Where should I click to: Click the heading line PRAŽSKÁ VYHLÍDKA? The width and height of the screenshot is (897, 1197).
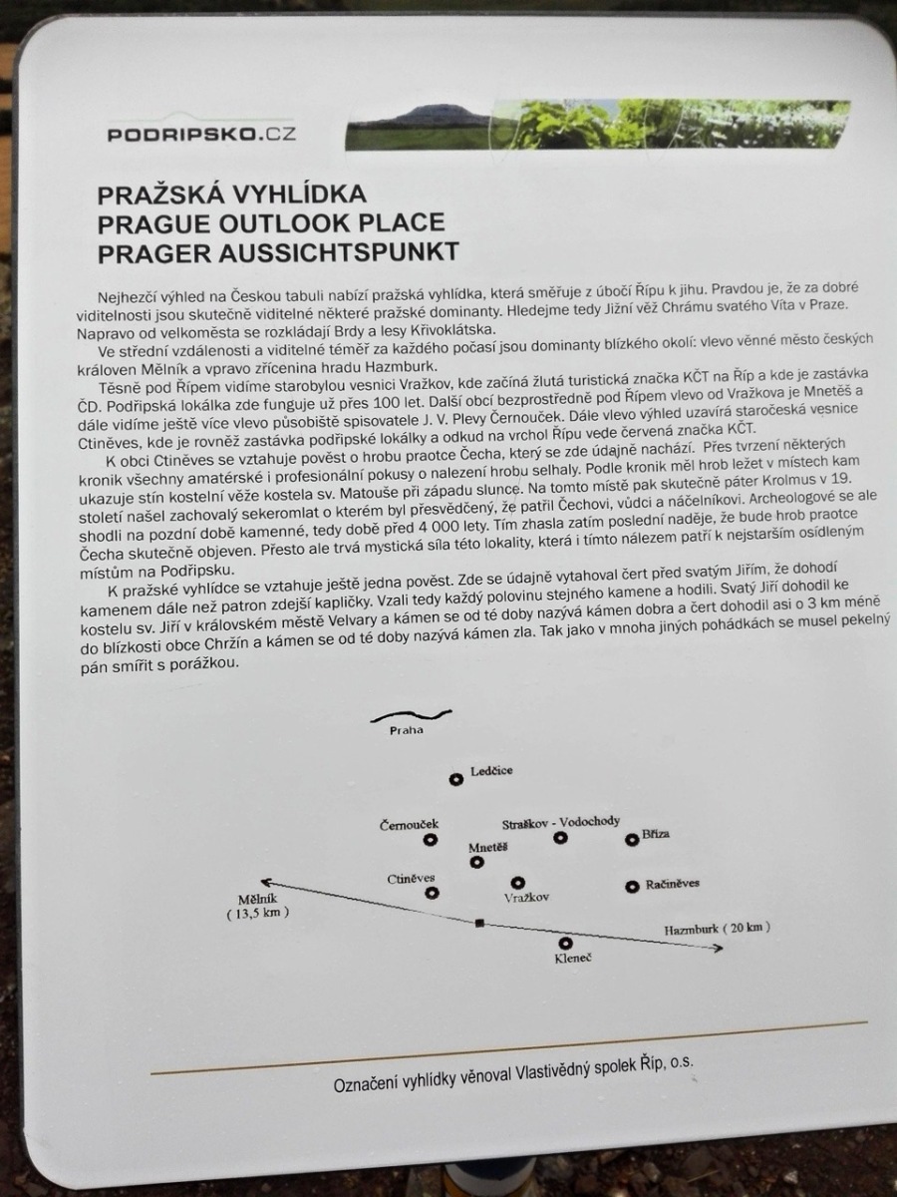(231, 194)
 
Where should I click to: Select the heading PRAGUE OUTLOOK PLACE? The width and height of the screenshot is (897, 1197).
(271, 222)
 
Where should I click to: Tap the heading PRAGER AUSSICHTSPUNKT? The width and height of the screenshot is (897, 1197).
(278, 251)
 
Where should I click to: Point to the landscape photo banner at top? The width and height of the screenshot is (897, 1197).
(598, 123)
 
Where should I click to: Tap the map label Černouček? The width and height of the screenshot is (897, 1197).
(409, 824)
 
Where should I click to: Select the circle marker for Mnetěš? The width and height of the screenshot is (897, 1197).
(476, 862)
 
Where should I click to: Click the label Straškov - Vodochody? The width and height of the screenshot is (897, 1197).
(561, 821)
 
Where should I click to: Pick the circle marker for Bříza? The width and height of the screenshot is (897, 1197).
(631, 839)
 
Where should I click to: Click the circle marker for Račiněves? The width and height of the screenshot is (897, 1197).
(631, 887)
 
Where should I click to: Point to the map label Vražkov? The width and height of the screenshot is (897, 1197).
(527, 898)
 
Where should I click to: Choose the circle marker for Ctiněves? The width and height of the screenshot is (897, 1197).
(432, 893)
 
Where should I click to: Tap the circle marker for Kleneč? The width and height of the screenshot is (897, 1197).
(565, 943)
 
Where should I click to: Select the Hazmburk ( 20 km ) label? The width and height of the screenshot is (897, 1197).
(718, 929)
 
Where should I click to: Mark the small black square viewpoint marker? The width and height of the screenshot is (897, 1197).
(479, 924)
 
